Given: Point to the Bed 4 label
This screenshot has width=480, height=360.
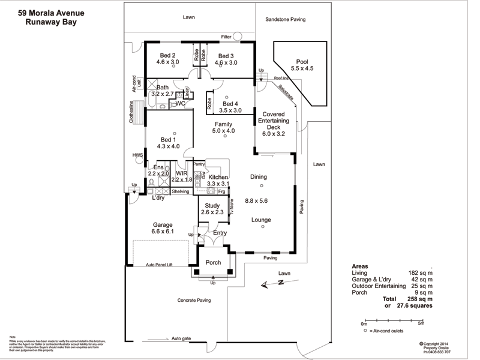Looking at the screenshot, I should (230, 107).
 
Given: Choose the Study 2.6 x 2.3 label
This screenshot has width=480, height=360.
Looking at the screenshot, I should (212, 208).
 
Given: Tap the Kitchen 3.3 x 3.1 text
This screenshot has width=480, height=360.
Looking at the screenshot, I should (218, 180).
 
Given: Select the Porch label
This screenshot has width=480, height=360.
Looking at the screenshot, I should (213, 262).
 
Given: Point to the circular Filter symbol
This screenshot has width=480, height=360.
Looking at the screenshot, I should (238, 37).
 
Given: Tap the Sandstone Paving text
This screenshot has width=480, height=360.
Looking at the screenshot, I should (285, 20).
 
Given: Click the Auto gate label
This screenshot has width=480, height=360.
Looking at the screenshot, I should (181, 338).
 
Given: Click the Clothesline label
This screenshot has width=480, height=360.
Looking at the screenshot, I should (131, 112).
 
